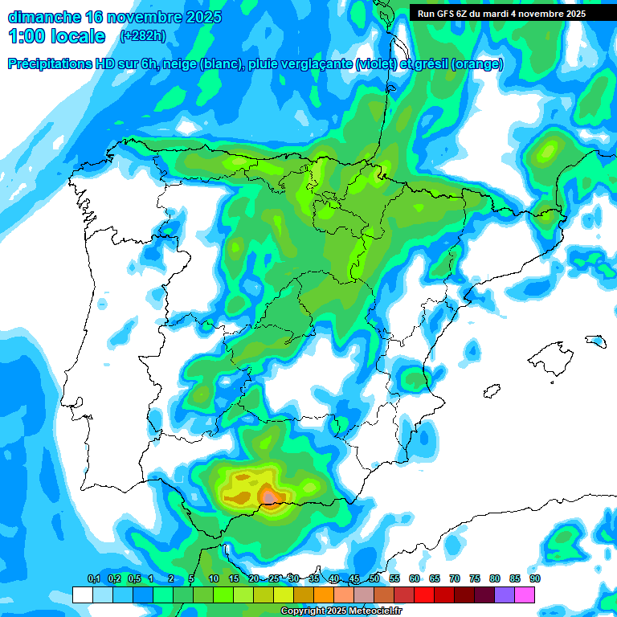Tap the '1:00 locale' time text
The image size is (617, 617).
(56, 36)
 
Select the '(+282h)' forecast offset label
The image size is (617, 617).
(142, 35)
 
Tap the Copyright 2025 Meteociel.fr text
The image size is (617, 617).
(341, 611)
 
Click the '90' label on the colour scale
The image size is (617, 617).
(534, 578)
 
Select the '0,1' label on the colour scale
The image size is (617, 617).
(93, 578)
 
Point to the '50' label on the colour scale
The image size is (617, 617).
(374, 578)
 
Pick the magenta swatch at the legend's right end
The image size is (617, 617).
(525, 595)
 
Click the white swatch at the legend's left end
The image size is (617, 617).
(82, 595)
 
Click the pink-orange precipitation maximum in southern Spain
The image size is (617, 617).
(272, 498)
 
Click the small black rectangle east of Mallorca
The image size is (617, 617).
(595, 341)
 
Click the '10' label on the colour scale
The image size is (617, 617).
(214, 578)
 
